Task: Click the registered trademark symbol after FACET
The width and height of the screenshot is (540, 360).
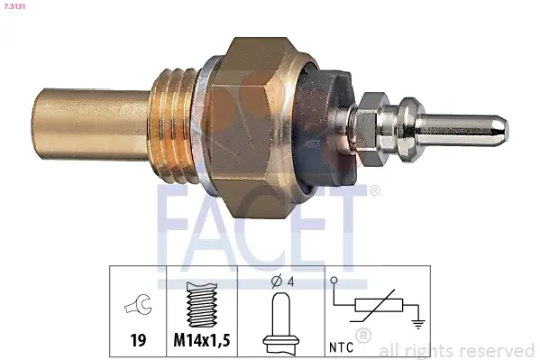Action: pyautogui.click(x=375, y=190)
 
